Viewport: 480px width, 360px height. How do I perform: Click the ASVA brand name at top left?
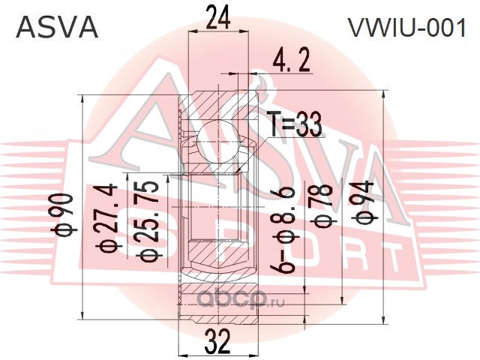(x=57, y=28)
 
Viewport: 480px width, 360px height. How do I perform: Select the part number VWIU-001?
(x=406, y=28)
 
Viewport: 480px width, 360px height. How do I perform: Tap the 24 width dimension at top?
(x=218, y=18)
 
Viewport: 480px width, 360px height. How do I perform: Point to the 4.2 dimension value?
(x=291, y=61)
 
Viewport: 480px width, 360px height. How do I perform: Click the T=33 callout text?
(x=294, y=124)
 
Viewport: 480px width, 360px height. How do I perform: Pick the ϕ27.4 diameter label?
(x=108, y=218)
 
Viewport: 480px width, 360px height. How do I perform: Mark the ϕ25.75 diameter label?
(x=148, y=221)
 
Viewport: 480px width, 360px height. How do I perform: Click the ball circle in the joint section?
(x=217, y=142)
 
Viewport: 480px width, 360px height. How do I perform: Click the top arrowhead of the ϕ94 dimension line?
(x=383, y=94)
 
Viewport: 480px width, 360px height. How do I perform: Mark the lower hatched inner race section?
(x=217, y=251)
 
